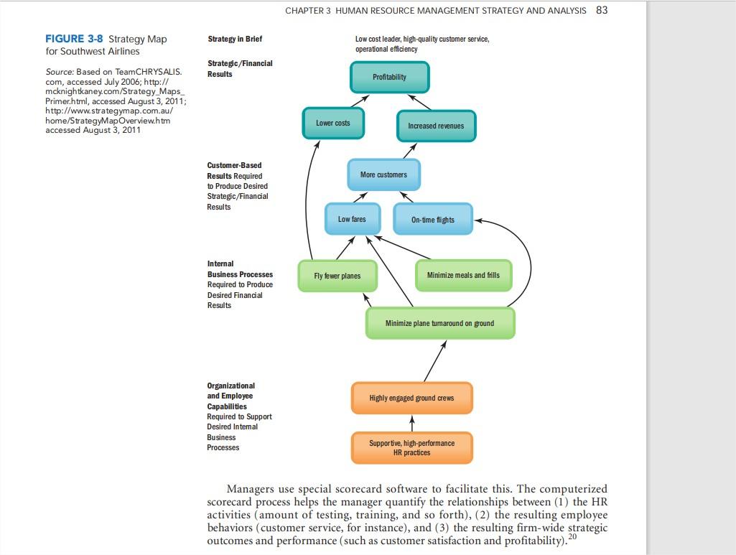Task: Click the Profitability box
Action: (390, 77)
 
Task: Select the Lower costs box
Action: (333, 123)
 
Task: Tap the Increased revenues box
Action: (436, 126)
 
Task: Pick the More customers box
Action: (383, 174)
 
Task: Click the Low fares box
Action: (352, 219)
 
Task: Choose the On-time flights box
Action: (432, 220)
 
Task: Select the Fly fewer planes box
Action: (337, 276)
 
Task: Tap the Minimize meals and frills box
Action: (463, 275)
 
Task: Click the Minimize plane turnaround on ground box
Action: (439, 323)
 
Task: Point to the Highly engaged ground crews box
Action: (411, 398)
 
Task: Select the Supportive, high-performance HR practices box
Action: (411, 447)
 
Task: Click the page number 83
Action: (602, 10)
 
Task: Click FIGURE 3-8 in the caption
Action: (75, 39)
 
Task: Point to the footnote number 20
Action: (572, 537)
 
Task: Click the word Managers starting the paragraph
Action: (251, 489)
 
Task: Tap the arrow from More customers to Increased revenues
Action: (409, 150)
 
